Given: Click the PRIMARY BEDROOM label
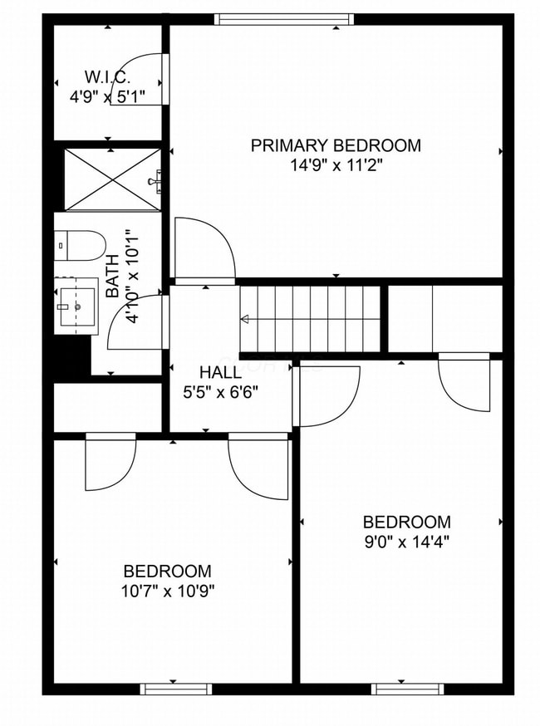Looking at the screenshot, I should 336,145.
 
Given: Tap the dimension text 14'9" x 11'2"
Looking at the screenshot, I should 336,164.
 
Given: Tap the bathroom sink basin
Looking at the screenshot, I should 77,306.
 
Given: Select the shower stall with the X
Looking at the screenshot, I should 111,179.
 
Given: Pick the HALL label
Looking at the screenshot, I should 220,372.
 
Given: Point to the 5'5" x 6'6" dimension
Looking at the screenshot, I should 220,391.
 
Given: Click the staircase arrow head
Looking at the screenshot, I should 245,319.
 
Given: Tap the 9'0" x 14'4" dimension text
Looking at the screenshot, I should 406,542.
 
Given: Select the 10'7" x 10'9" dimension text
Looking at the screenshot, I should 167,591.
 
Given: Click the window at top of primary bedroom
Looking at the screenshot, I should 283,18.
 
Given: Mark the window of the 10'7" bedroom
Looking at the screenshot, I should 175,689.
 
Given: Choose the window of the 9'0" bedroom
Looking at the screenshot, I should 406,689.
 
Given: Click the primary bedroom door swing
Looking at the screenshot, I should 204,249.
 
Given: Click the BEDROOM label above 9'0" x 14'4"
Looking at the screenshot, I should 406,522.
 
